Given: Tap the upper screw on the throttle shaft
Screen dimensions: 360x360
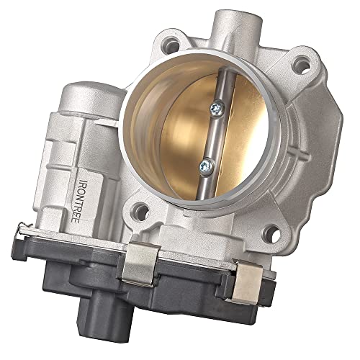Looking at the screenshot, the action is (x=217, y=109).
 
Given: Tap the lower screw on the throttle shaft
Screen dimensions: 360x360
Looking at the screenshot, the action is (x=207, y=166).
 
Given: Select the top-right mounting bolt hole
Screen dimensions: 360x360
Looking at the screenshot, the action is (x=302, y=63).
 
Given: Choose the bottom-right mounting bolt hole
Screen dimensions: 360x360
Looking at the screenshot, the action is (x=272, y=233).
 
